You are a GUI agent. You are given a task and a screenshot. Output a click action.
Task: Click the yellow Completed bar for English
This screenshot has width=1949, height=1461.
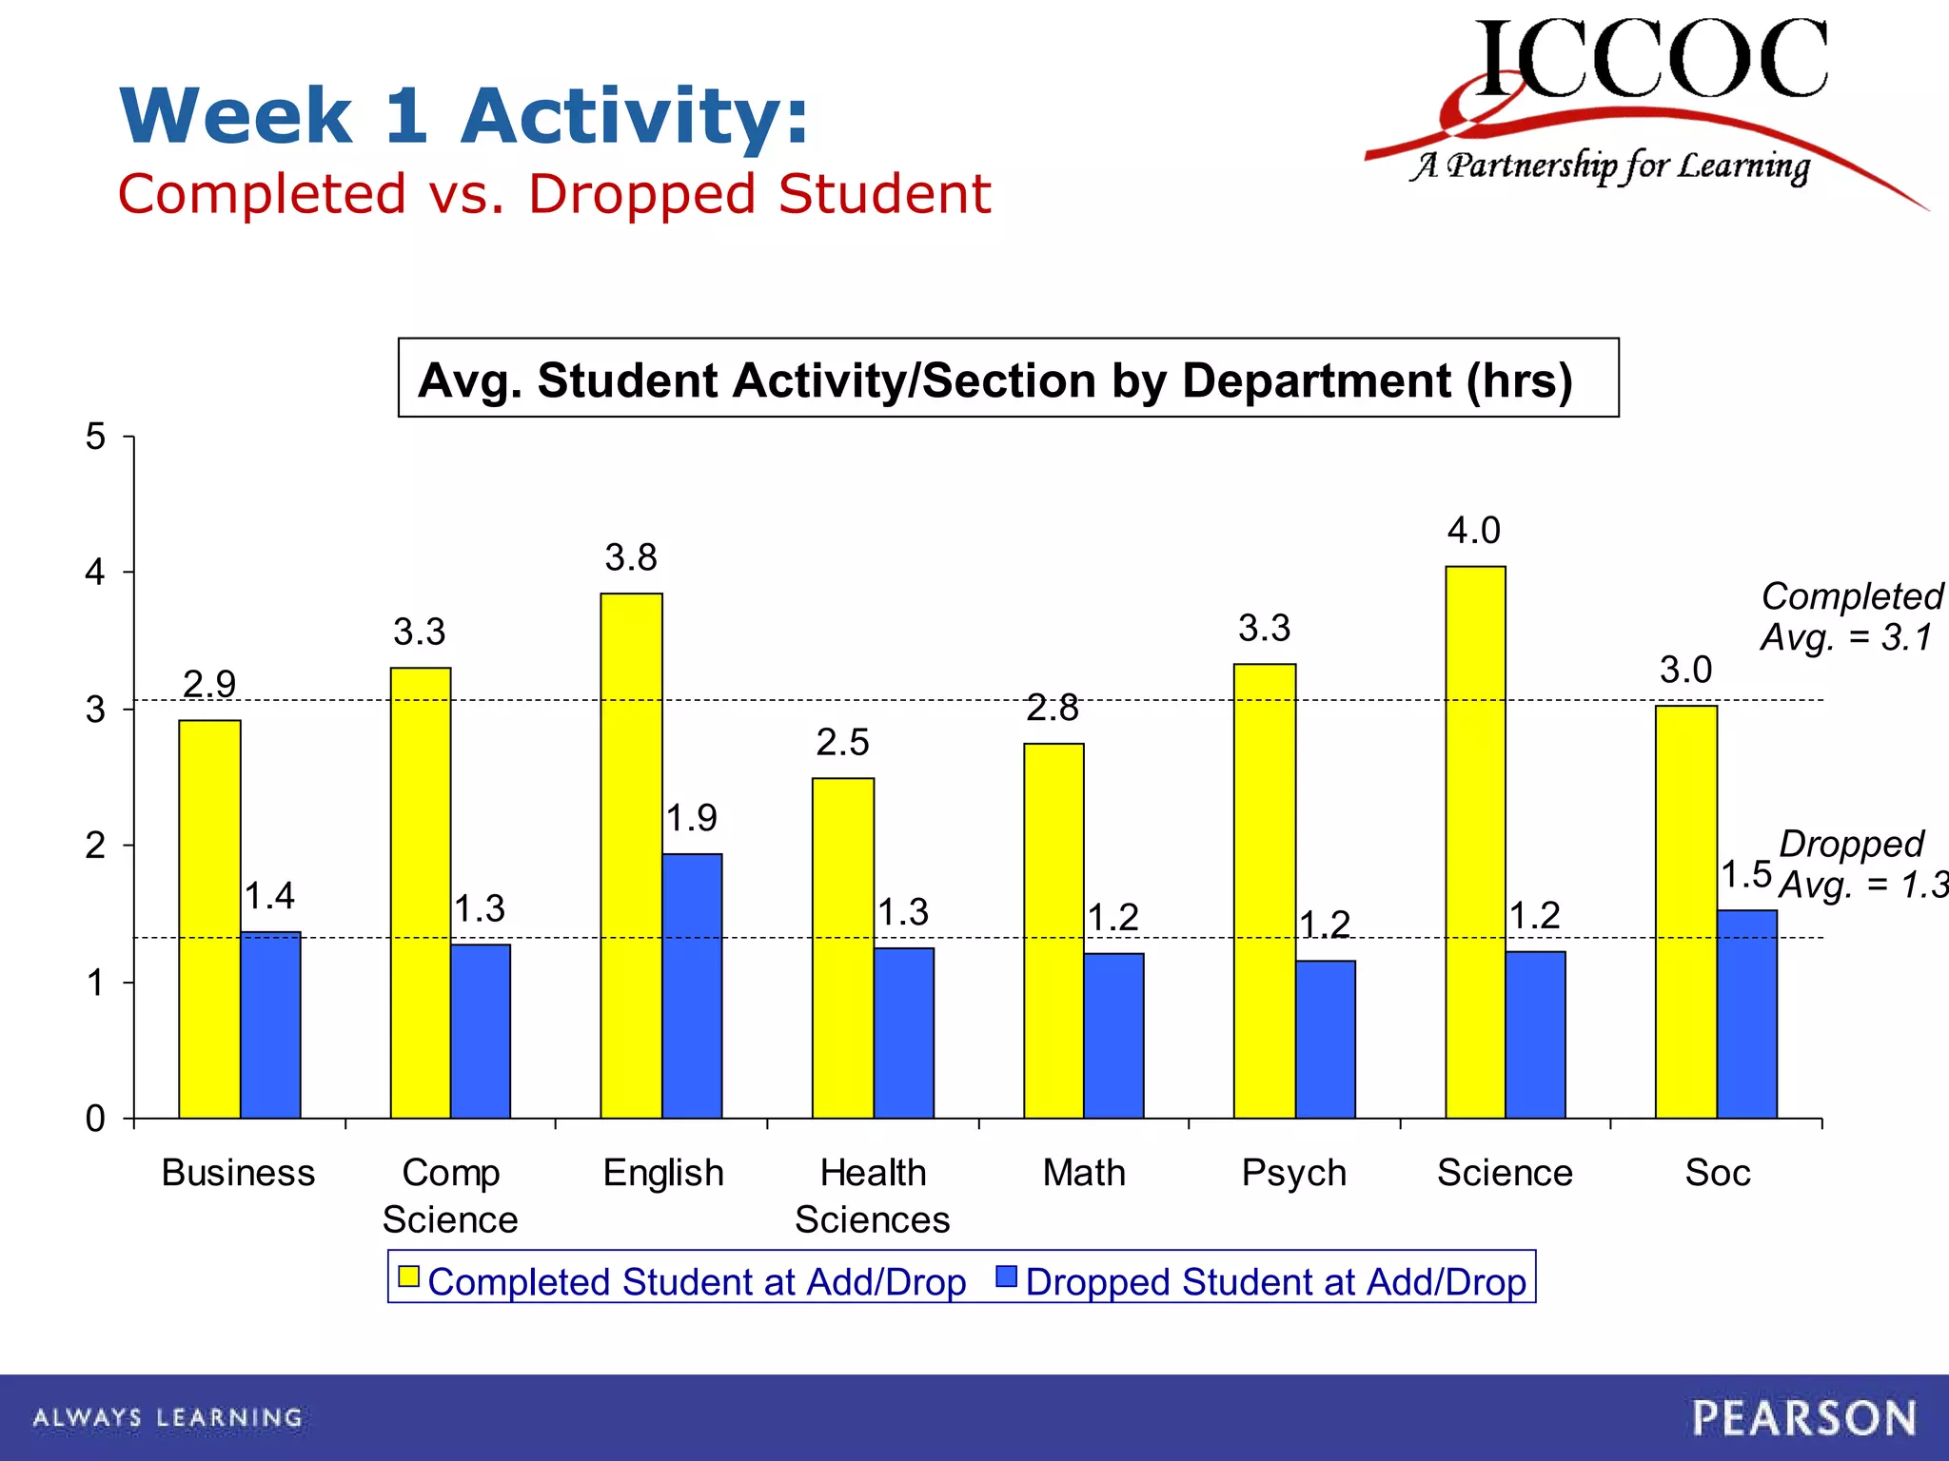(x=631, y=856)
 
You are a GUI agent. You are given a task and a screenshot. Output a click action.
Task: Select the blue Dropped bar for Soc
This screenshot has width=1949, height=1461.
(x=1746, y=1014)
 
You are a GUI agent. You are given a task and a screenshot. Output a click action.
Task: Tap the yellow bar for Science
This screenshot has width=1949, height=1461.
(x=1475, y=842)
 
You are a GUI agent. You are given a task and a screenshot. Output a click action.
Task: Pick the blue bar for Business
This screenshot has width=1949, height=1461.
(x=270, y=1025)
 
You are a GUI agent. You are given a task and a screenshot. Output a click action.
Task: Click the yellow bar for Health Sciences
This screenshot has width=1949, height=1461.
(x=843, y=947)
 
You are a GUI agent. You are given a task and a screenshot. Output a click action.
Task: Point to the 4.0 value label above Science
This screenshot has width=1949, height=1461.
(x=1473, y=531)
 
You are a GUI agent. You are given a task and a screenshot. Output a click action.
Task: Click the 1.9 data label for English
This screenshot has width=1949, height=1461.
(x=691, y=818)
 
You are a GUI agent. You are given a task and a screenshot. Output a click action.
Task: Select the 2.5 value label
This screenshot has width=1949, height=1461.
(x=842, y=742)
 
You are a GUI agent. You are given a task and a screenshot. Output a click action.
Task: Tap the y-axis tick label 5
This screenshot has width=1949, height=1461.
(x=95, y=437)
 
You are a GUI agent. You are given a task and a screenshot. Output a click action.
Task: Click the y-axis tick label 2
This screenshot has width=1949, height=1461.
(x=95, y=846)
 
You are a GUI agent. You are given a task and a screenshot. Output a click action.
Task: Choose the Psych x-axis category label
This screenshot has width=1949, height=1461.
(x=1293, y=1173)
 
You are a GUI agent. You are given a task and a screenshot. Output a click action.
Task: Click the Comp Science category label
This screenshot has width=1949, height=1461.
(x=450, y=1196)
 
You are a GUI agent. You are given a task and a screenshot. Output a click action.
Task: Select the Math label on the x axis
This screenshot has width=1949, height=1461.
(x=1083, y=1173)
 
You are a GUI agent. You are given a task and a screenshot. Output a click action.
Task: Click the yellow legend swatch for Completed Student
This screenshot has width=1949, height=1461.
(x=408, y=1276)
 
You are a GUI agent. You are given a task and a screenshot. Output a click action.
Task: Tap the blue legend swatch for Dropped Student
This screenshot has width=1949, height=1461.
(x=1006, y=1276)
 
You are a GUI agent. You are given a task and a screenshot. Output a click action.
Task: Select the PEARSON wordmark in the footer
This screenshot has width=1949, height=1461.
(x=1803, y=1418)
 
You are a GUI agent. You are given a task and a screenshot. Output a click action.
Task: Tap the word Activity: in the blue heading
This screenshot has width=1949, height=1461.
(x=635, y=116)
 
